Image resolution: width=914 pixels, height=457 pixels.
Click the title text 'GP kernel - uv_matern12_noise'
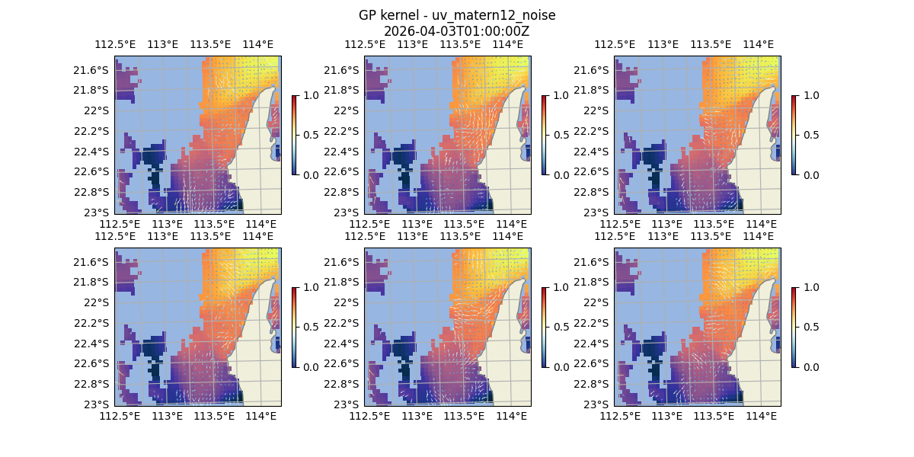[x=456, y=15]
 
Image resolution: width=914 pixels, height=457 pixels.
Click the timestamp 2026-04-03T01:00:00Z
[x=456, y=31]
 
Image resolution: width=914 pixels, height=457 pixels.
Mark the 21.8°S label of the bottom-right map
[x=595, y=282]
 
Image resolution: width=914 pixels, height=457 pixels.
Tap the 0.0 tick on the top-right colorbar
[x=812, y=174]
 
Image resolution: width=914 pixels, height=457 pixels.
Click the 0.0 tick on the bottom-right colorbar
[x=812, y=366]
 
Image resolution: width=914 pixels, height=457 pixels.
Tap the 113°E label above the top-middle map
[x=413, y=45]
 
